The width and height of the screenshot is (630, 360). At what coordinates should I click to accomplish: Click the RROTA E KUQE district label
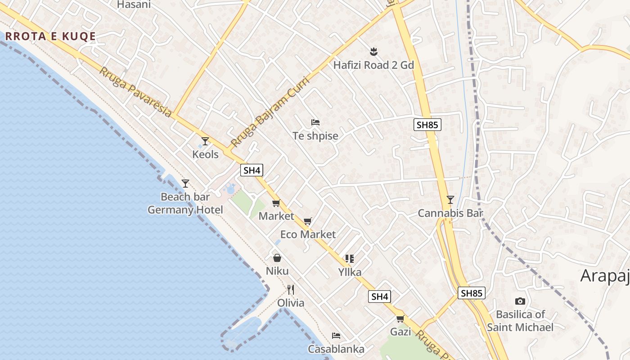pyautogui.click(x=50, y=36)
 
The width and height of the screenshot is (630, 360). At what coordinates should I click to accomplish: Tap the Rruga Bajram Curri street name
pyautogui.click(x=270, y=112)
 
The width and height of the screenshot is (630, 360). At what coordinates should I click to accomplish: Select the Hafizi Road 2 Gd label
pyautogui.click(x=373, y=65)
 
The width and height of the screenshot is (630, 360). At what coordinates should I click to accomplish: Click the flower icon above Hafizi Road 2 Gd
pyautogui.click(x=373, y=51)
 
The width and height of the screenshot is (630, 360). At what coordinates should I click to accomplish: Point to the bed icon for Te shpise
pyautogui.click(x=315, y=122)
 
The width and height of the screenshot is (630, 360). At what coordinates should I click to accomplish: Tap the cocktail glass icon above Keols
pyautogui.click(x=205, y=141)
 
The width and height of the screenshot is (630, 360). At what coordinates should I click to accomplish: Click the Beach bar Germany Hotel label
pyautogui.click(x=185, y=203)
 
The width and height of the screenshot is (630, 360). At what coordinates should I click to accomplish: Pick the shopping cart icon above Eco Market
pyautogui.click(x=308, y=221)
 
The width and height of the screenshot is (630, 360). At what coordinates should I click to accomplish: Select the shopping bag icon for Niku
pyautogui.click(x=277, y=258)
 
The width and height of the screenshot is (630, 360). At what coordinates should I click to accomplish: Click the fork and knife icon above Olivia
pyautogui.click(x=291, y=289)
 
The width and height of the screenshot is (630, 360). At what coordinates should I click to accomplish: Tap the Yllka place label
pyautogui.click(x=350, y=272)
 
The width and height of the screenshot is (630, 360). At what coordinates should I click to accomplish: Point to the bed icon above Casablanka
pyautogui.click(x=336, y=336)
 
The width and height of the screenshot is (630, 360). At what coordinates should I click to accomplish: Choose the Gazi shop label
pyautogui.click(x=400, y=332)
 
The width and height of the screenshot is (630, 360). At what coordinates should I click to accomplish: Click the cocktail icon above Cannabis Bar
pyautogui.click(x=450, y=199)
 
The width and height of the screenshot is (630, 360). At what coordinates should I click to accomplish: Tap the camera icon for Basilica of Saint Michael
pyautogui.click(x=520, y=301)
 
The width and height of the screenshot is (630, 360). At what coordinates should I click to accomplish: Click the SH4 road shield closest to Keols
pyautogui.click(x=252, y=170)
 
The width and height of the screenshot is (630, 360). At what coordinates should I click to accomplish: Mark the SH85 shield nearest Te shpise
pyautogui.click(x=427, y=125)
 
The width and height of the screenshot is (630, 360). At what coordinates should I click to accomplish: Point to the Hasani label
pyautogui.click(x=134, y=4)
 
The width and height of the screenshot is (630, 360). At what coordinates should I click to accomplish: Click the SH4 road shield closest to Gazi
pyautogui.click(x=380, y=297)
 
